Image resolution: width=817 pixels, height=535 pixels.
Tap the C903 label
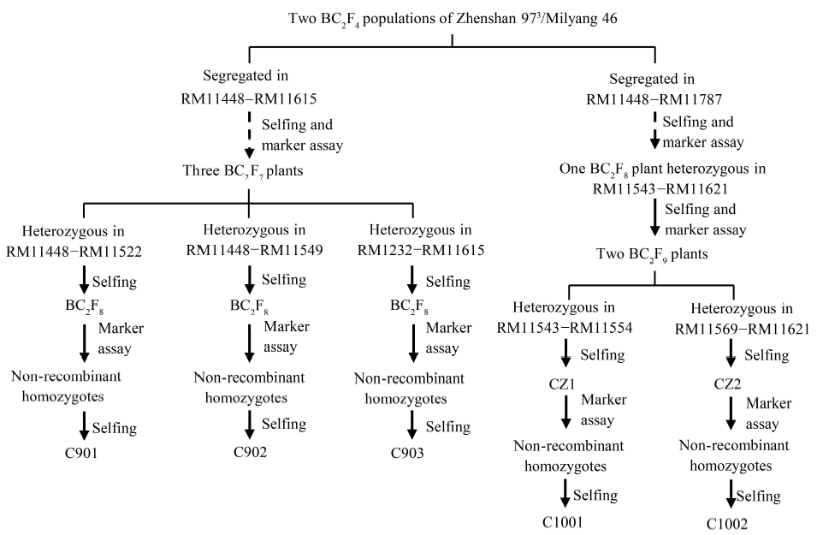tap(413, 454)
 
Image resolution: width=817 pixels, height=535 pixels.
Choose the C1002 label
tap(729, 523)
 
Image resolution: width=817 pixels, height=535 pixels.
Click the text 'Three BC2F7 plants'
tap(247, 170)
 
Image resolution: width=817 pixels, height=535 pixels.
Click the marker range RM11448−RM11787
tap(654, 98)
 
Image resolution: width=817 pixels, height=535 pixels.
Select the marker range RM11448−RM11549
tap(248, 252)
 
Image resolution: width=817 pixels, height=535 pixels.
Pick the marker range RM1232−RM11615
tap(413, 252)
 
